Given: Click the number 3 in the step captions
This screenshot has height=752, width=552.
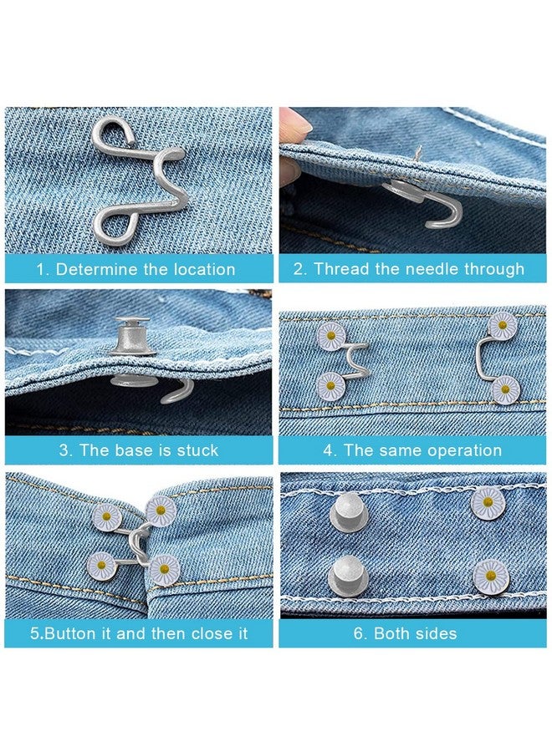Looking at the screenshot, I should tap(64, 450).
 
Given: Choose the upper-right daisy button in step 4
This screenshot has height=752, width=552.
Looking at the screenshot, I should tap(502, 325).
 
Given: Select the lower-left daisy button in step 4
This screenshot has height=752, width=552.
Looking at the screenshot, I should tap(331, 387).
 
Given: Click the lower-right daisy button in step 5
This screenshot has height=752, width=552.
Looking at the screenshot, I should tap(164, 570).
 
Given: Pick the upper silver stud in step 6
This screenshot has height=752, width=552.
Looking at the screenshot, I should tap(344, 508).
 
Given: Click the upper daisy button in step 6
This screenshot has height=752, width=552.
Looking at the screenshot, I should tap(488, 503).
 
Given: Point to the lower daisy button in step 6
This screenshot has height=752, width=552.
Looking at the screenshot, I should tap(491, 575).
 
